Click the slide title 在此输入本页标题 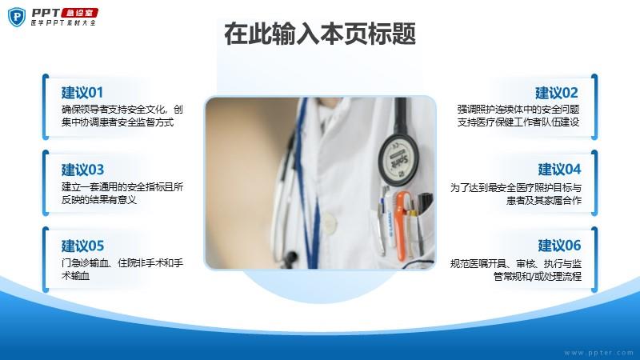pyautogui.click(x=320, y=34)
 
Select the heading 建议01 pyautogui.click(x=82, y=93)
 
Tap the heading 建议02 pyautogui.click(x=557, y=93)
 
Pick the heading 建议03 pyautogui.click(x=83, y=170)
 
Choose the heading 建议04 pyautogui.click(x=559, y=169)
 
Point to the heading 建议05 pyautogui.click(x=83, y=246)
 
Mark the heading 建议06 pyautogui.click(x=559, y=246)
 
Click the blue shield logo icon pyautogui.click(x=17, y=17)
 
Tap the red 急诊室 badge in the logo pyautogui.click(x=80, y=13)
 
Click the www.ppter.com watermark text pyautogui.click(x=598, y=353)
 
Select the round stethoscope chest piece pyautogui.click(x=398, y=160)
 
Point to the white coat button pyautogui.click(x=329, y=222)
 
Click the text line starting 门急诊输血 pyautogui.click(x=122, y=263)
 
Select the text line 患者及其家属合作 pyautogui.click(x=544, y=200)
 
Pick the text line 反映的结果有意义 pyautogui.click(x=98, y=199)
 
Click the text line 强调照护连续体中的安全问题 pyautogui.click(x=518, y=110)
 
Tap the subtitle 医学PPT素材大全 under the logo pyautogui.click(x=64, y=23)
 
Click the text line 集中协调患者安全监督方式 pyautogui.click(x=118, y=122)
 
